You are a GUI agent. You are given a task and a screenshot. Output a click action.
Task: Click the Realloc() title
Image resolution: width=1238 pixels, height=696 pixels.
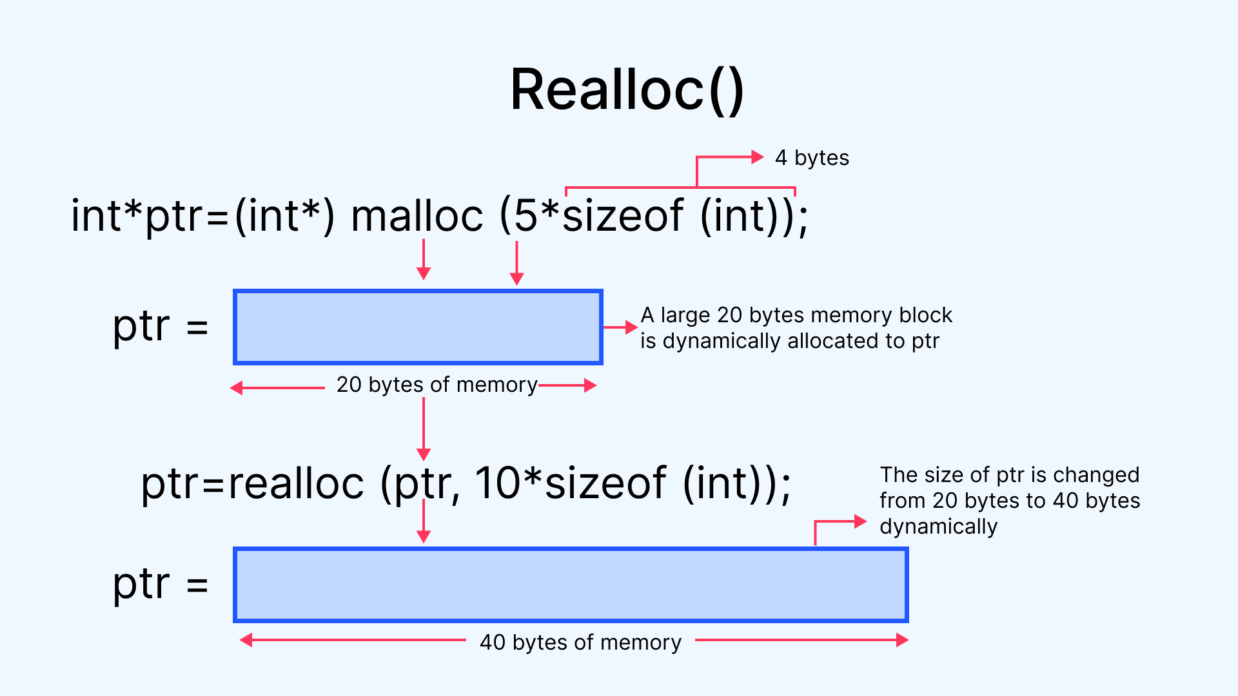click(627, 91)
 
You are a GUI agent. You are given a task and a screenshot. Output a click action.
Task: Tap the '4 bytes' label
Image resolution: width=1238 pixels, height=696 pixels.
click(812, 158)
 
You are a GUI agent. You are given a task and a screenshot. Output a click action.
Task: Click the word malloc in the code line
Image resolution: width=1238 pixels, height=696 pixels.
click(417, 216)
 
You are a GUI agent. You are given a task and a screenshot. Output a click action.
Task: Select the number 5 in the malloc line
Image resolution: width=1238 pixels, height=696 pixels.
click(526, 216)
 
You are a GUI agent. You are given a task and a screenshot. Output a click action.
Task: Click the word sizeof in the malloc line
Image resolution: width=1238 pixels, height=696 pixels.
click(623, 216)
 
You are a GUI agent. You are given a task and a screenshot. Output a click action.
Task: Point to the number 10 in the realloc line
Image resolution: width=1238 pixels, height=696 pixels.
click(498, 483)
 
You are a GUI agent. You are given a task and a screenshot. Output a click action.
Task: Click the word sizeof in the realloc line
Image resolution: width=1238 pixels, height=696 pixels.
click(605, 483)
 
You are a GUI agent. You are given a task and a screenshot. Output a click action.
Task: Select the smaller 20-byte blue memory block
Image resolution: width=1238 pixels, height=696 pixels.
click(418, 327)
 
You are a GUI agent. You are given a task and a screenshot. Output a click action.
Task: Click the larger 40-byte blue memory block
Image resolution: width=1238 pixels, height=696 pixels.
click(571, 585)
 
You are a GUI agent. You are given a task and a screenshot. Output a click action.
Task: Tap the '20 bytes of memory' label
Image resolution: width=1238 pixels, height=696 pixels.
click(437, 385)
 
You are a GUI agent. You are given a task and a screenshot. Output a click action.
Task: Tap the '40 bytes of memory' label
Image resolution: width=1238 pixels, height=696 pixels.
click(580, 643)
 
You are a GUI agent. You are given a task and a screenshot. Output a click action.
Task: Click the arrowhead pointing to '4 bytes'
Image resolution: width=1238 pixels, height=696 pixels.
click(758, 157)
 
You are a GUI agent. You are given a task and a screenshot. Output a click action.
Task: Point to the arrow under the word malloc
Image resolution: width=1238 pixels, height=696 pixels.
click(424, 259)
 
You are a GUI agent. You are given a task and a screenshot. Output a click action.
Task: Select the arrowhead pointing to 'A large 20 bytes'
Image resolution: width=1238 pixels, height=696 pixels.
click(631, 327)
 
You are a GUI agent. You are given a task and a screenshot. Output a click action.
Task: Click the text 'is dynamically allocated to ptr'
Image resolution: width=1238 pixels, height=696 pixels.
click(790, 341)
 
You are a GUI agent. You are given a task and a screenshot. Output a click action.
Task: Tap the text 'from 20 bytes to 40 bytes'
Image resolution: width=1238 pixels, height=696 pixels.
click(1010, 501)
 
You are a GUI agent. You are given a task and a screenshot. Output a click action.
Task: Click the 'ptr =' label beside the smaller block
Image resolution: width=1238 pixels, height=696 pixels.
click(161, 327)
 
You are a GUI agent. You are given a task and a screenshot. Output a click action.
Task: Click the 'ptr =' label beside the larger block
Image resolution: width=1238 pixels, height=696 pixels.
click(161, 585)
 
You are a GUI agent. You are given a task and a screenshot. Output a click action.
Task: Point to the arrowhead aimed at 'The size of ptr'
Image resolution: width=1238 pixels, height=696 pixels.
click(860, 521)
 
